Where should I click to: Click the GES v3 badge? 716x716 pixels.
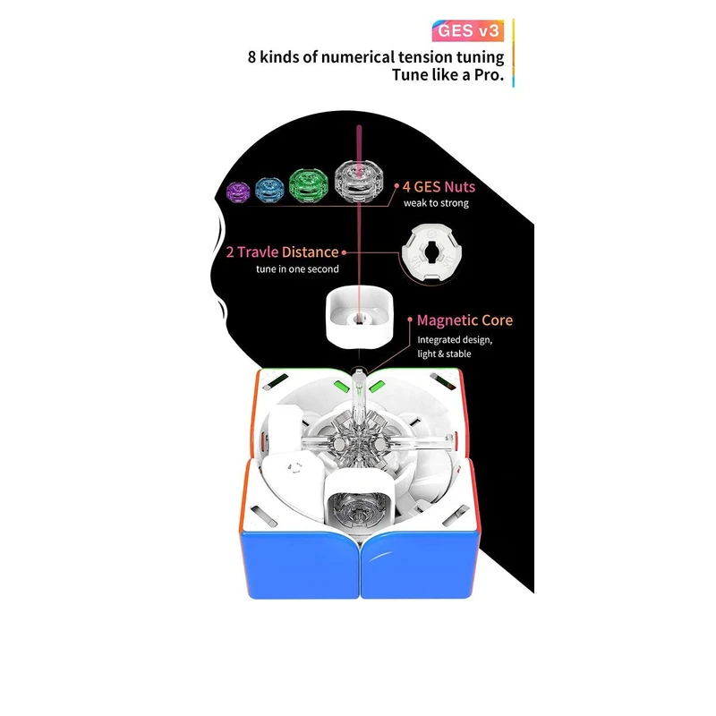point(470,31)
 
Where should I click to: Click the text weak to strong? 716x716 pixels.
point(435,203)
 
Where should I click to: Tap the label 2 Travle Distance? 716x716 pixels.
point(282,252)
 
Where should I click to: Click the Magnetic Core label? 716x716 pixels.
point(465,320)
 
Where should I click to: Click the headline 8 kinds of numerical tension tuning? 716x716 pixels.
point(376,57)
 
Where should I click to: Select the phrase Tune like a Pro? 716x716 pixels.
point(447,76)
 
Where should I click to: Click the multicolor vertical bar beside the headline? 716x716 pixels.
point(514,54)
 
